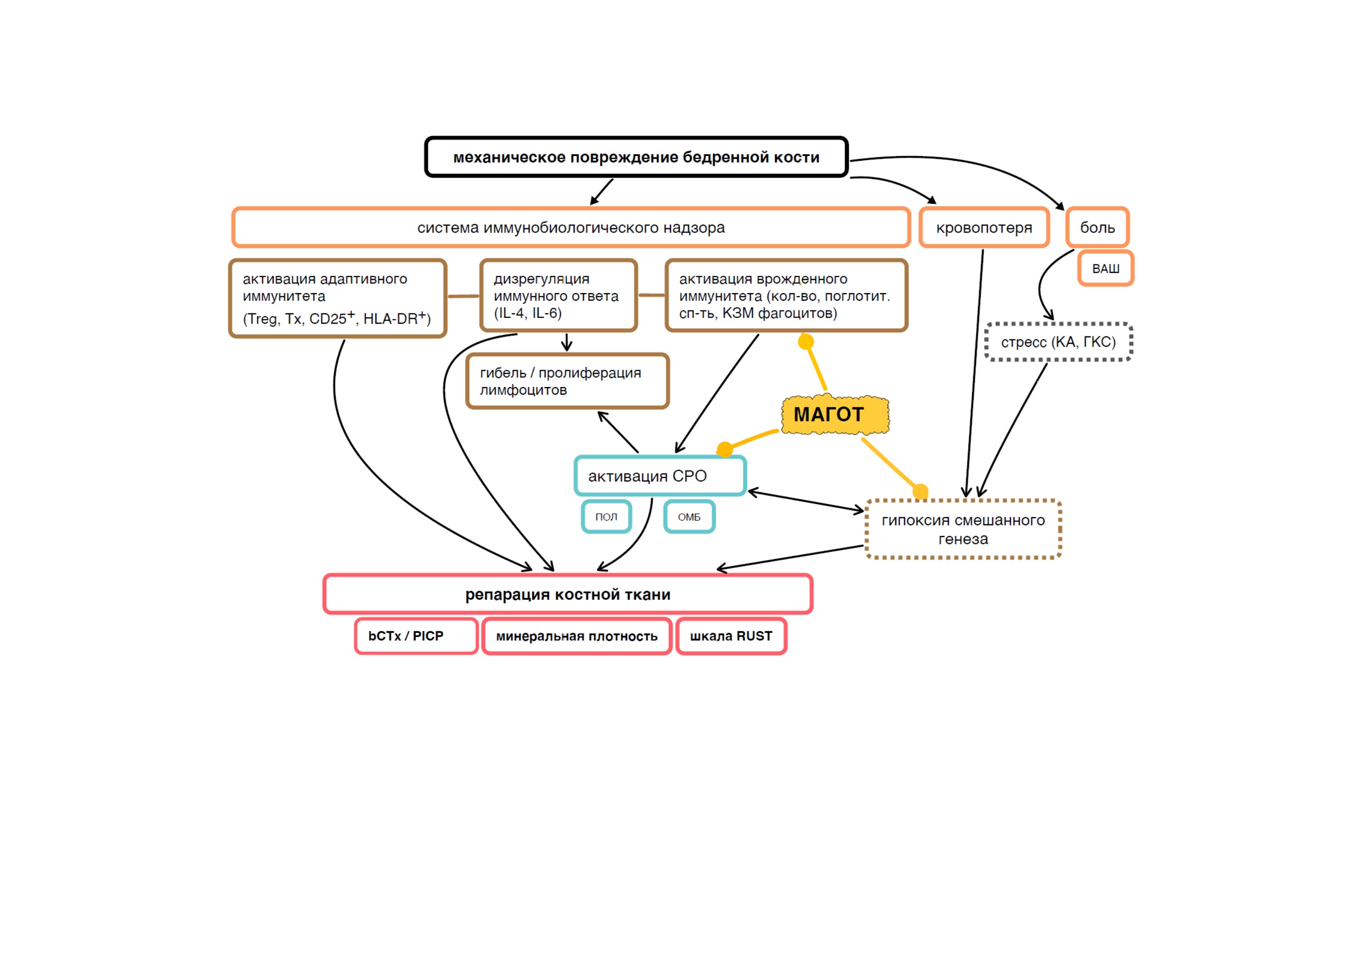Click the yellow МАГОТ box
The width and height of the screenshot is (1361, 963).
coord(835,414)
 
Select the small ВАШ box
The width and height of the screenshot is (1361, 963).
coord(1106,268)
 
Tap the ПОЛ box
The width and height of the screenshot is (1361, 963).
coord(607,516)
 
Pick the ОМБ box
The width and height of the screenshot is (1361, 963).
coord(689,516)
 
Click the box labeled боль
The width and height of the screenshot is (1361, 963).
coord(1097,227)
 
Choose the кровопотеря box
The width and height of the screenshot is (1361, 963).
coord(984,227)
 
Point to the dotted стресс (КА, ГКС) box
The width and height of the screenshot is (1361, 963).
coord(1058,342)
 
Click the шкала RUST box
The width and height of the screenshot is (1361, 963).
coord(731,636)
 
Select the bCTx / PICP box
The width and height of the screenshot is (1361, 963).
coord(416,636)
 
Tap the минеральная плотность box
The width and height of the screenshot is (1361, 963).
coord(577,636)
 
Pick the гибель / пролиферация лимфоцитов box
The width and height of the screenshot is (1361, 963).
coord(567,381)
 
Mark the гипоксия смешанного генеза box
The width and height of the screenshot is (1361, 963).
coord(963,529)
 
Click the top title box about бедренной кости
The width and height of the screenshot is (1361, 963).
coord(636,157)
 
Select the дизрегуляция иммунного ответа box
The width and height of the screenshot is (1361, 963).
coord(558,295)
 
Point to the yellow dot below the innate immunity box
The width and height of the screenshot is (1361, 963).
coord(806,342)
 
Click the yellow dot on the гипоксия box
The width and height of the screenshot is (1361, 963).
coord(920,491)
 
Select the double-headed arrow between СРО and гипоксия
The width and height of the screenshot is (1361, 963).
coord(806,501)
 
